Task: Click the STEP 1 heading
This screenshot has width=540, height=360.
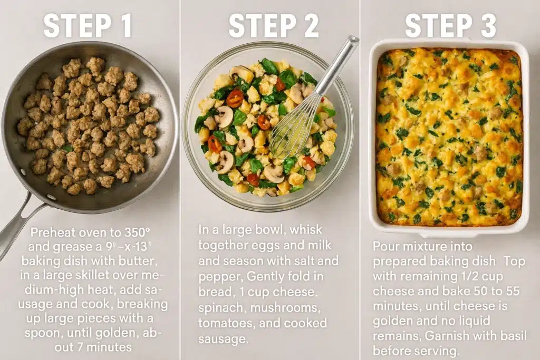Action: point(88,26)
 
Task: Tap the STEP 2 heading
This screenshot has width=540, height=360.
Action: point(274,26)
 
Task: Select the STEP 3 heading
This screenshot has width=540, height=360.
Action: point(450,26)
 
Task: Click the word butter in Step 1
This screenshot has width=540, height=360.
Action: point(138,261)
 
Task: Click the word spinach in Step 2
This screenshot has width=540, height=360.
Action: point(221,308)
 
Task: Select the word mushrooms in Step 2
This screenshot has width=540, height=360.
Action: point(285,308)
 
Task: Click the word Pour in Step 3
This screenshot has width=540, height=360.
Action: point(385,246)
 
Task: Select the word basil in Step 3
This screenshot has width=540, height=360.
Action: point(513,336)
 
